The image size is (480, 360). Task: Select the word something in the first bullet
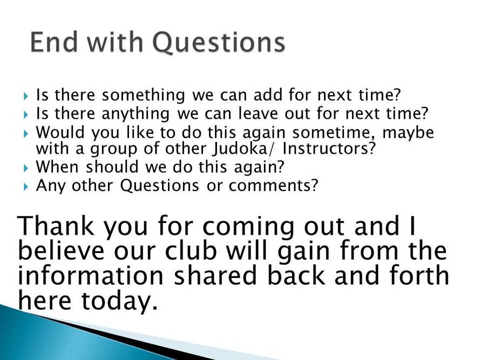[143, 95]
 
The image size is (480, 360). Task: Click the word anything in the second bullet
[136, 113]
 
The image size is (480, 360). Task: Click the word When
[57, 167]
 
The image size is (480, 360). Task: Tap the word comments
[273, 186]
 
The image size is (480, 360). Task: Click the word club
[191, 250]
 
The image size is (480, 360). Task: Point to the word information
[91, 275]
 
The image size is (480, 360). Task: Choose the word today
[119, 301]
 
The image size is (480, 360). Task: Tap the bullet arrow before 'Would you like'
[26, 134]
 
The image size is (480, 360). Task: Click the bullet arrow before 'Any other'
[26, 187]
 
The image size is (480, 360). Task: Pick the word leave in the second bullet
[258, 113]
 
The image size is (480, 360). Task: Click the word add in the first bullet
[267, 95]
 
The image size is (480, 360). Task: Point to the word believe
[61, 250]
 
